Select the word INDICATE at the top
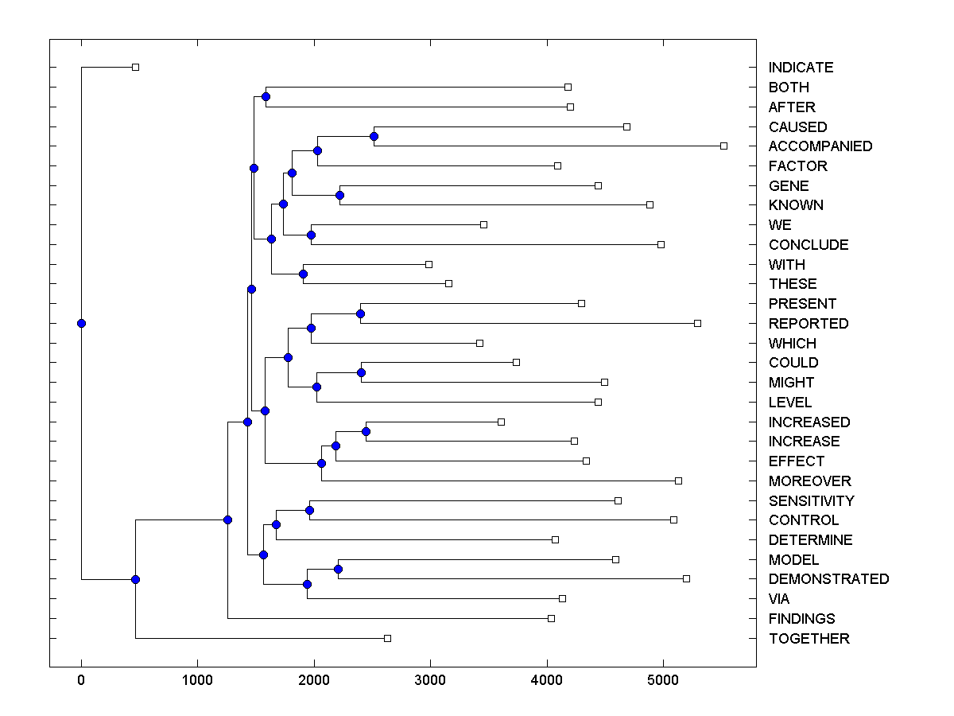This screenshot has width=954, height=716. [801, 68]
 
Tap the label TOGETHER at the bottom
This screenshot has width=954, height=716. [809, 639]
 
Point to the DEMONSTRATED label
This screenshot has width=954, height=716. [828, 579]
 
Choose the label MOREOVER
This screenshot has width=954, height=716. [809, 481]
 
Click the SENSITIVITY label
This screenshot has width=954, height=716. [811, 501]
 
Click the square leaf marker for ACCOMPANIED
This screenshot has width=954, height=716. [723, 146]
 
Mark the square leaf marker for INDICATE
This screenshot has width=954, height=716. [135, 67]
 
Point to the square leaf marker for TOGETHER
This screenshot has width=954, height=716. [387, 638]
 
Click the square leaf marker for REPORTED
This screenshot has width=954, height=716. [697, 323]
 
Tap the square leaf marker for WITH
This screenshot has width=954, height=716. [429, 263]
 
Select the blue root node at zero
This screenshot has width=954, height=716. [81, 323]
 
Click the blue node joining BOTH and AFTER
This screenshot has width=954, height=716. [266, 96]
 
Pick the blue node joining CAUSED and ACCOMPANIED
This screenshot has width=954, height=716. [374, 136]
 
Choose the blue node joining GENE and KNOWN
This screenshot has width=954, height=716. [339, 195]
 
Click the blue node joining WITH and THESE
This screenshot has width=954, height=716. [303, 274]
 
